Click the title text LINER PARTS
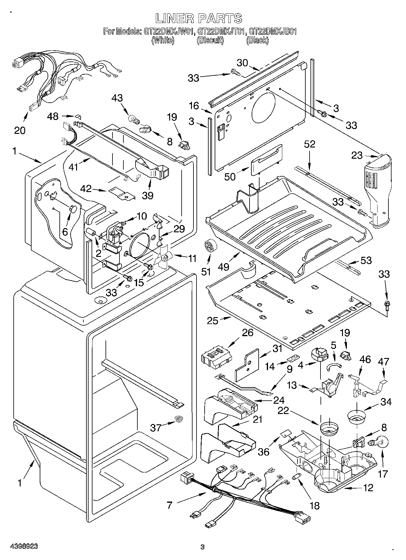click(199, 18)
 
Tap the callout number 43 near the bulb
click(117, 98)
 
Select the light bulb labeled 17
click(376, 443)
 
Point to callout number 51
click(206, 272)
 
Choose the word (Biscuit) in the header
click(210, 40)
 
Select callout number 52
click(310, 144)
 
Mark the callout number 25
click(213, 321)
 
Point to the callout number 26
click(247, 333)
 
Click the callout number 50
click(230, 177)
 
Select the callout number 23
click(357, 155)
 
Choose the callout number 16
click(194, 106)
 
